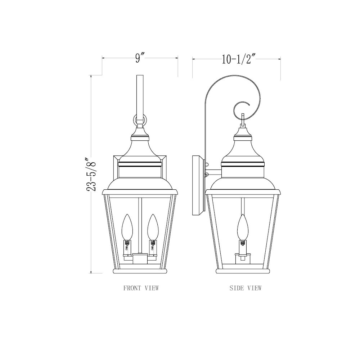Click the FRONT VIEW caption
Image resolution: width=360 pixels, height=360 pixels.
[x=141, y=288]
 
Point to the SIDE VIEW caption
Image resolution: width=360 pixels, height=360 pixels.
[x=245, y=288]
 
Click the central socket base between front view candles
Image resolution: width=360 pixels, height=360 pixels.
[x=140, y=258]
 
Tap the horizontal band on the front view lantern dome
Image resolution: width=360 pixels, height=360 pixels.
[x=140, y=166]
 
